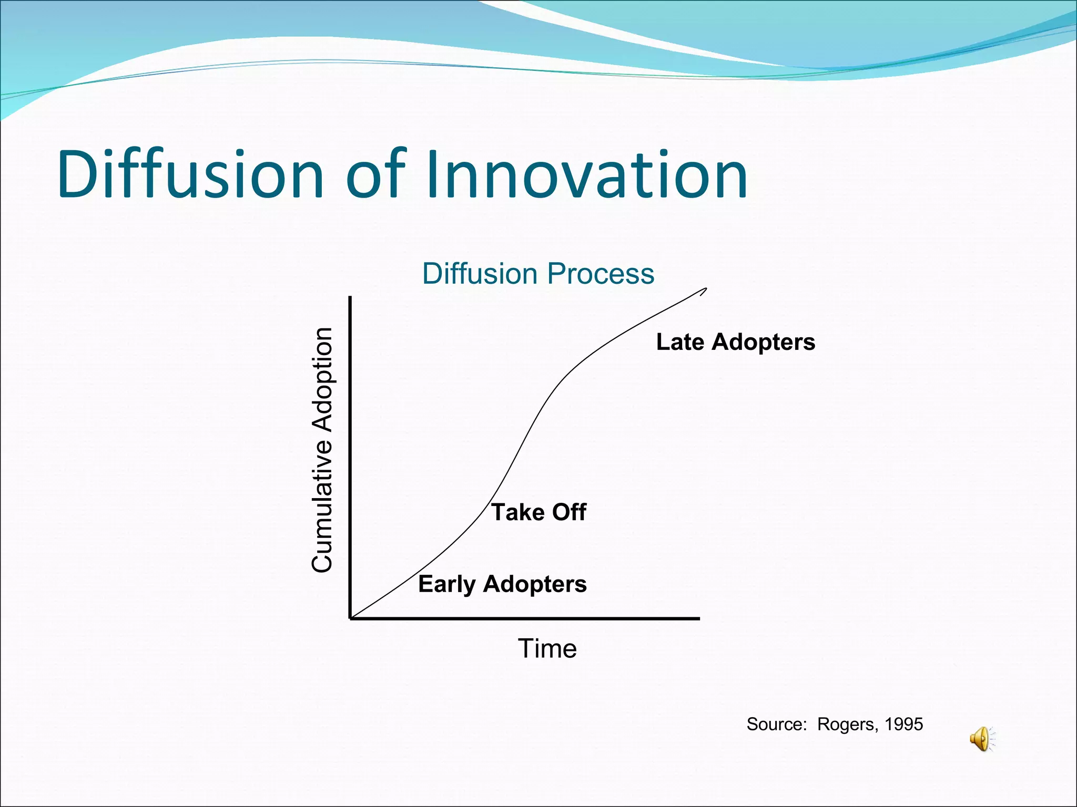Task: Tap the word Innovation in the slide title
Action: tap(586, 174)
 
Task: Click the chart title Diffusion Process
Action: tap(538, 274)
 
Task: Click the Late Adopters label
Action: tap(735, 342)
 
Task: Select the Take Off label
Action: tap(538, 512)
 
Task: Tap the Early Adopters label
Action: tap(502, 584)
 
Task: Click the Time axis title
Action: tap(547, 648)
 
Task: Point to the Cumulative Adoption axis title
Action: tap(322, 449)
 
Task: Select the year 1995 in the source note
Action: tap(903, 725)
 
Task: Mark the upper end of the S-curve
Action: tap(706, 288)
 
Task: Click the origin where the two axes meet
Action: tap(350, 618)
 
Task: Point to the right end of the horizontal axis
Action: tap(699, 618)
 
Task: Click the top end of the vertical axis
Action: tap(350, 297)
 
